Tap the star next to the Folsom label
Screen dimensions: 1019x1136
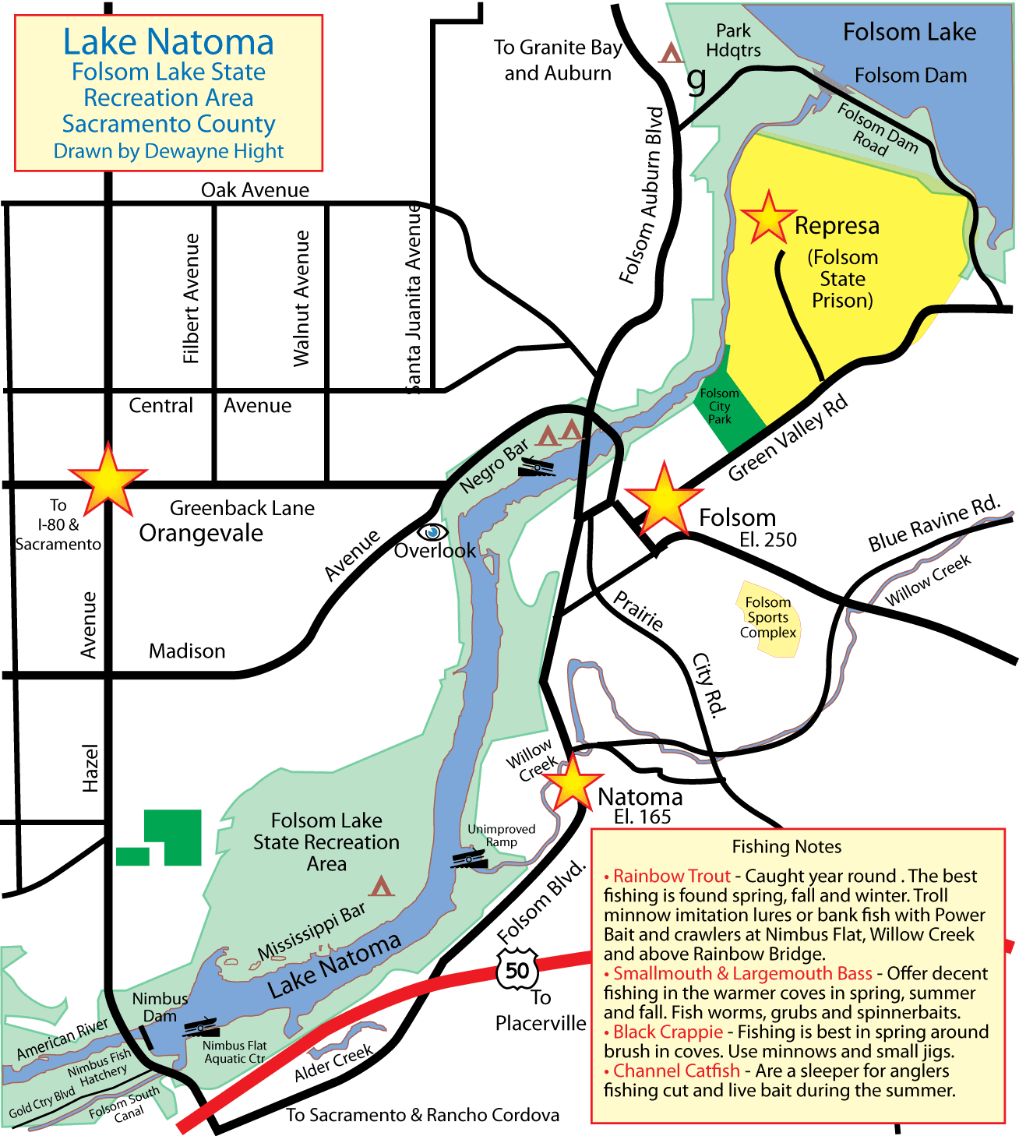click(664, 501)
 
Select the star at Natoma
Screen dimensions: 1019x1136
click(573, 781)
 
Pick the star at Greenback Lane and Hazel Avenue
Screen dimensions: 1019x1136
click(108, 481)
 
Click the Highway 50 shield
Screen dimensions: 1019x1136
click(517, 970)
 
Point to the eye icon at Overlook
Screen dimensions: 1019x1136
click(433, 532)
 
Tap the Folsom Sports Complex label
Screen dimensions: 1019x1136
click(768, 617)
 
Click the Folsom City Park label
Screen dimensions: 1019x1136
click(719, 406)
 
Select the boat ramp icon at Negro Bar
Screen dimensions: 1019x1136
click(536, 467)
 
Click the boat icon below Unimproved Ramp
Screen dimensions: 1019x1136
click(469, 859)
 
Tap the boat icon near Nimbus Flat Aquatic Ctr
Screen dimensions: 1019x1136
click(203, 1027)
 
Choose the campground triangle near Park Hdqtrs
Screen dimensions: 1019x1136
click(670, 54)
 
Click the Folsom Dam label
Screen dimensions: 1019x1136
click(910, 76)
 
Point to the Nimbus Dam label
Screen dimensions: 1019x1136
click(160, 1007)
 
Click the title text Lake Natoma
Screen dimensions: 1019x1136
click(168, 42)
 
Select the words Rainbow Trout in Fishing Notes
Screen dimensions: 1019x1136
click(672, 876)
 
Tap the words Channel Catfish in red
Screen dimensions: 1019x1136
click(676, 1071)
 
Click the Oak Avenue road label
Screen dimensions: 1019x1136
click(255, 190)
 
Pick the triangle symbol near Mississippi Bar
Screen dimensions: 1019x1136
click(381, 886)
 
